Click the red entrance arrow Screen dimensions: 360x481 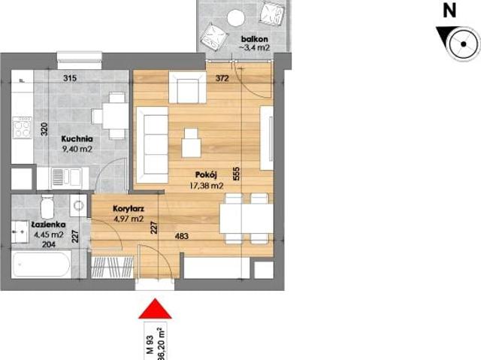tap(153, 310)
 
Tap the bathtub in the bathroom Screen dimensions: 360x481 tap(42, 265)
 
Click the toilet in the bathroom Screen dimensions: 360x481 tap(47, 206)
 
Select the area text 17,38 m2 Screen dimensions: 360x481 tap(206, 185)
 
